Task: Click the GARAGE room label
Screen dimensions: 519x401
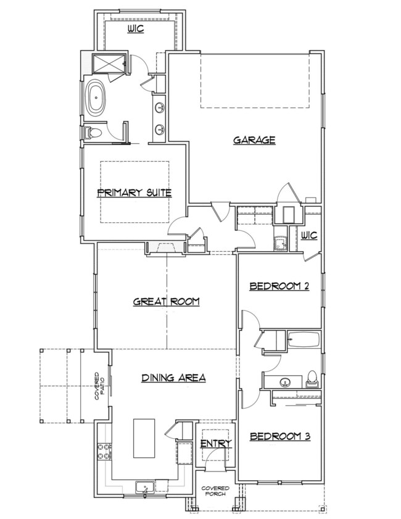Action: click(x=254, y=140)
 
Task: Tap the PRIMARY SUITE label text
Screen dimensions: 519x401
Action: click(x=134, y=193)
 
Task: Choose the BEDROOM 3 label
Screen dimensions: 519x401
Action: click(x=279, y=437)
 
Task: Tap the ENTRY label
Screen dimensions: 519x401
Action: click(x=216, y=443)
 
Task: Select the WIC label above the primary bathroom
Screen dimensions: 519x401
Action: click(x=136, y=29)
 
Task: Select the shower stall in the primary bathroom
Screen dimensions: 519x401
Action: click(x=106, y=63)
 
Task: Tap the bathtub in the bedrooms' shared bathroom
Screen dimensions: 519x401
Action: click(x=304, y=340)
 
